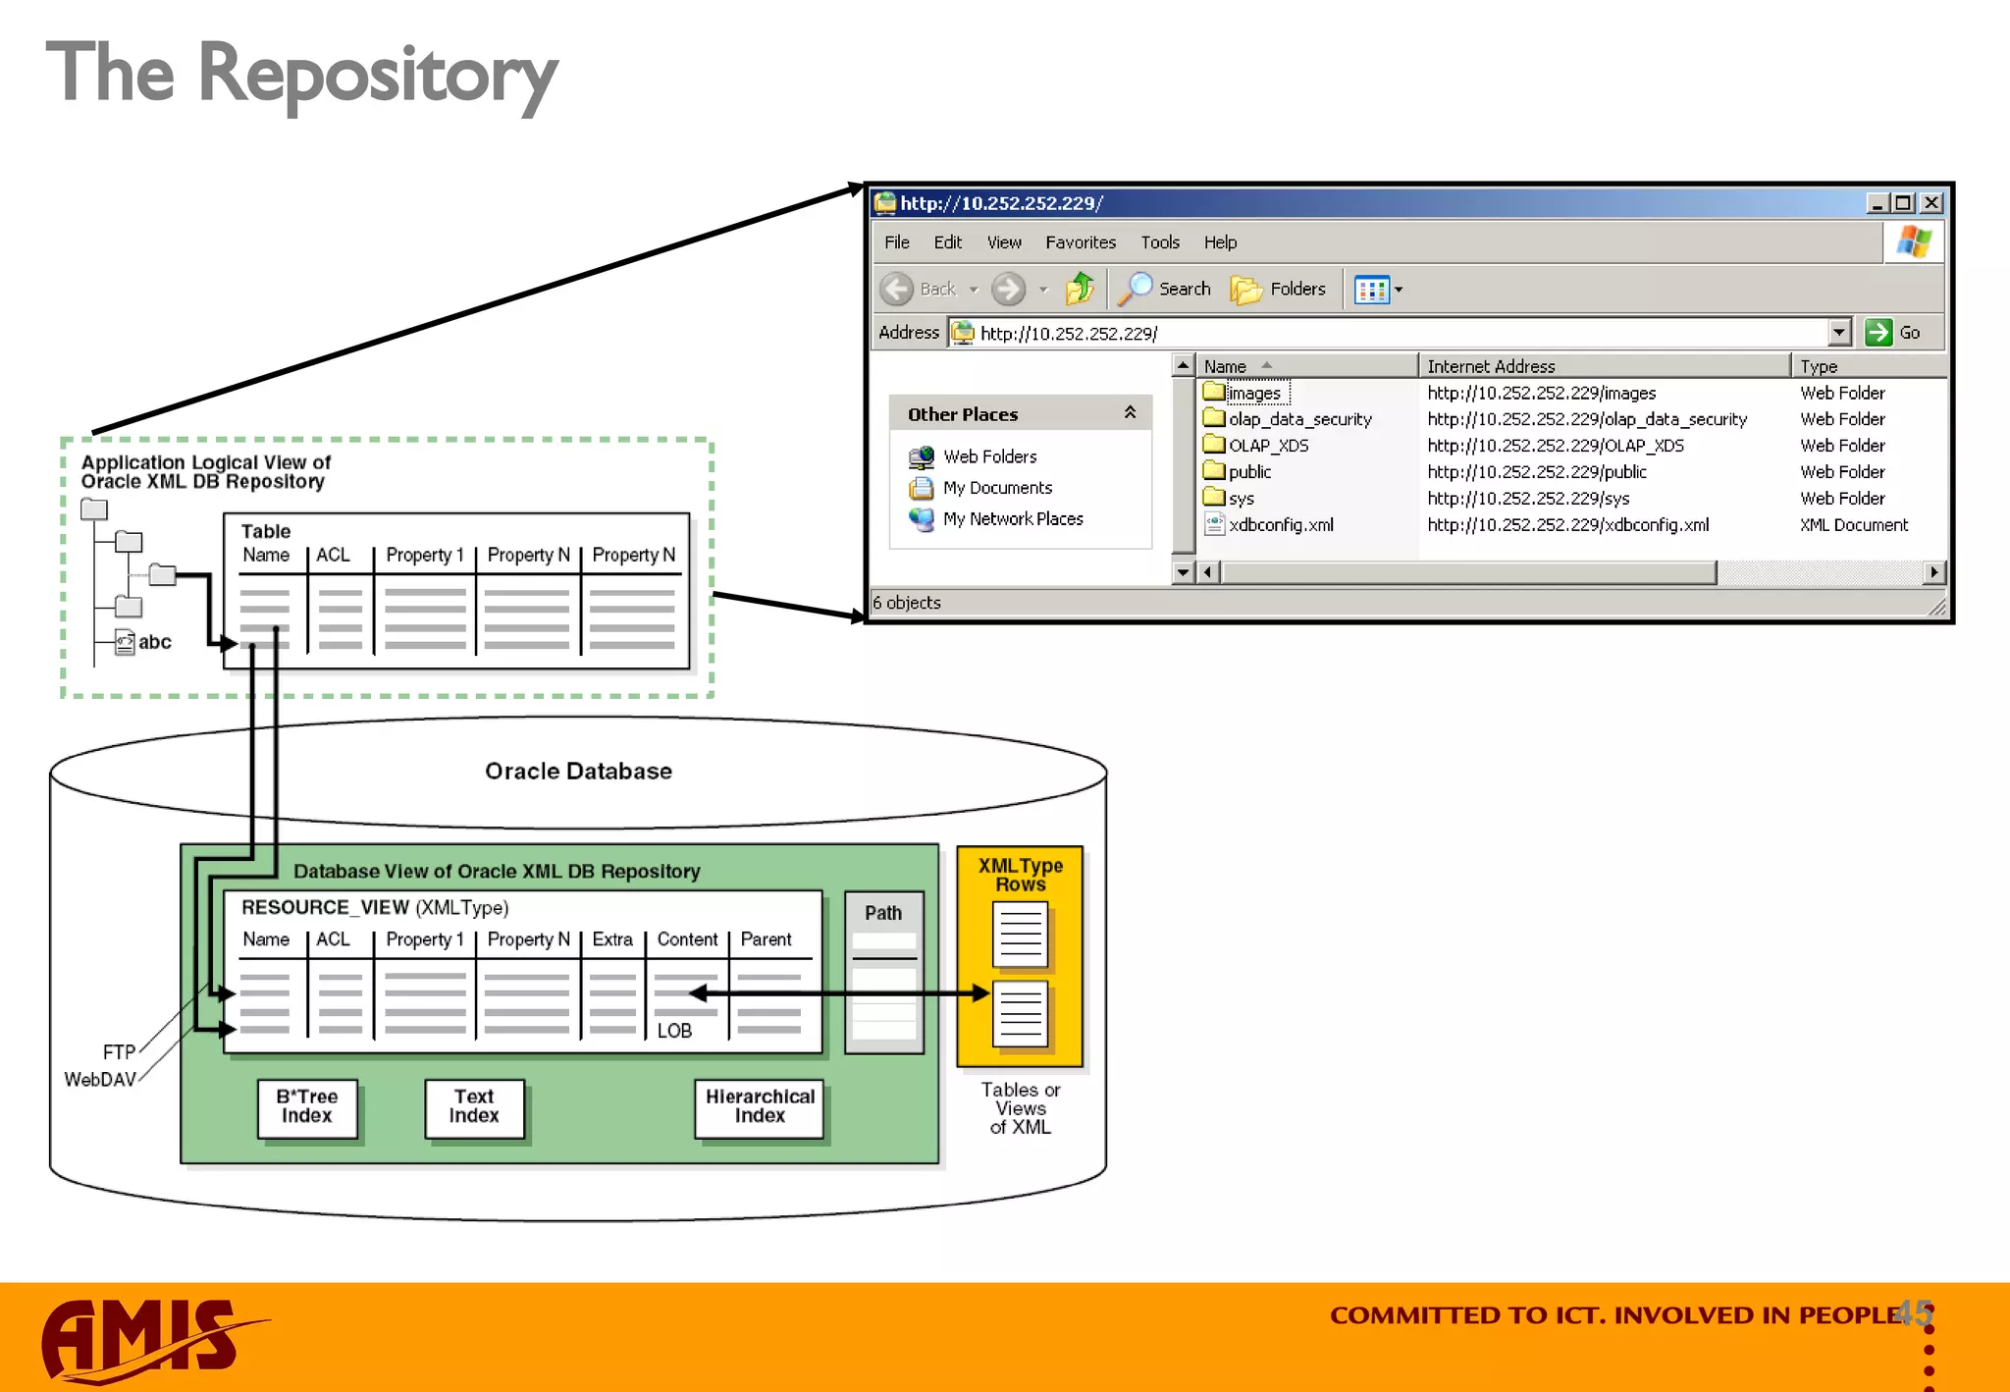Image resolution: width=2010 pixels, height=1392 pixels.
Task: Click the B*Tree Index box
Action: click(307, 1107)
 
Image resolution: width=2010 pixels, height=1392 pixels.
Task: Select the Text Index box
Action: click(474, 1107)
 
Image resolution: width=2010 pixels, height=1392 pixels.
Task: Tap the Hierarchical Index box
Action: click(760, 1107)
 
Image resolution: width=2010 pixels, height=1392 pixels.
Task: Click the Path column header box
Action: click(883, 913)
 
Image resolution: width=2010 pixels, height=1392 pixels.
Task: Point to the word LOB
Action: click(674, 1031)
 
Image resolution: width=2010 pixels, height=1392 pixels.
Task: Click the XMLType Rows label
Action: click(1020, 875)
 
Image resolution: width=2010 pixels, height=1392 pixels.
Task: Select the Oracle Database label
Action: click(578, 772)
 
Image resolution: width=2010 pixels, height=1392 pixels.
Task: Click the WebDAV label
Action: click(100, 1080)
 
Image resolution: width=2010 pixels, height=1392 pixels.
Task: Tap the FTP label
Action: click(119, 1052)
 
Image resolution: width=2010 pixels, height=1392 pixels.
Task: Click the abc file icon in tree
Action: click(125, 643)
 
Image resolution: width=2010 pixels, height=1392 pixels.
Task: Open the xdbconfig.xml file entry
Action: click(1280, 525)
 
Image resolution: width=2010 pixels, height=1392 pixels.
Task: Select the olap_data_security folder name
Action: click(1299, 419)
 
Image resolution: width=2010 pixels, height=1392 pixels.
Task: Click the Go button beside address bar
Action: click(1893, 333)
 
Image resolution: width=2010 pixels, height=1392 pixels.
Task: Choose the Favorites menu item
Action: click(1080, 242)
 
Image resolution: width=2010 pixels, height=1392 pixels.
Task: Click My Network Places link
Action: click(1012, 519)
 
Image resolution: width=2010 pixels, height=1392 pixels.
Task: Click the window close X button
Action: click(1931, 203)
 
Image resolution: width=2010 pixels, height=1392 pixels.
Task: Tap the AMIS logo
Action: click(147, 1339)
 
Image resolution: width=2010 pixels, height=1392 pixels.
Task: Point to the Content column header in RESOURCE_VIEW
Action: click(687, 939)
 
